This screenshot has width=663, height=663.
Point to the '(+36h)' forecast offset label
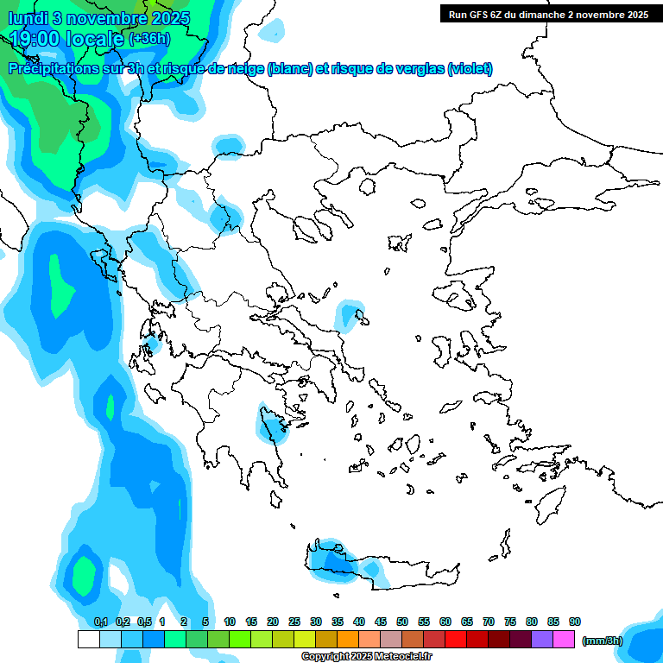[149, 39]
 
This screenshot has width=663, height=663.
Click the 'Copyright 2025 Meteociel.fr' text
[367, 657]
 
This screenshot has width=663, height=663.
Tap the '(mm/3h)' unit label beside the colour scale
[603, 641]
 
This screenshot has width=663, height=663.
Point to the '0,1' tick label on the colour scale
[101, 622]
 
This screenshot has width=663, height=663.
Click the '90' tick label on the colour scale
[575, 622]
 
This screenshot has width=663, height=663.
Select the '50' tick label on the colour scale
[402, 622]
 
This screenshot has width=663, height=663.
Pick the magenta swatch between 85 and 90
[564, 640]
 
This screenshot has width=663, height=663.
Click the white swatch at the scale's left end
[88, 640]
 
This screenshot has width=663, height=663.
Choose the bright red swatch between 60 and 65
[456, 640]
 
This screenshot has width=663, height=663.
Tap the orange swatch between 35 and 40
[348, 640]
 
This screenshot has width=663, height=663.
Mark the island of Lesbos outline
[458, 295]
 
